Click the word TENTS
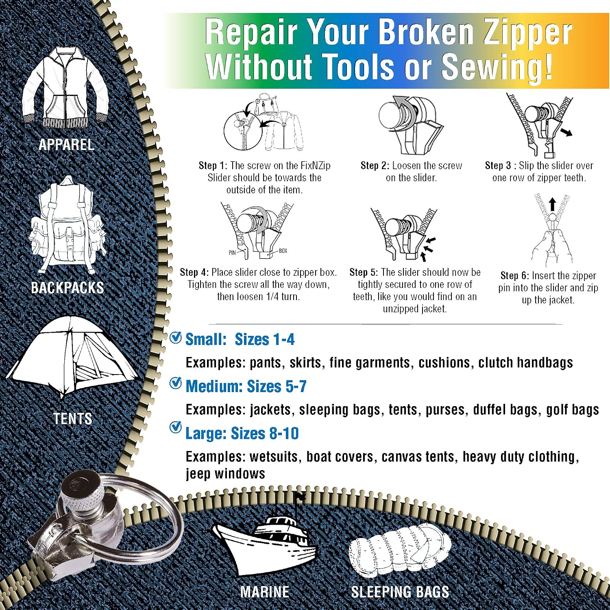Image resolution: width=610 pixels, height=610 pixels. [x=73, y=418]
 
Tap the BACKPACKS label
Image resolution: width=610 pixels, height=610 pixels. [x=68, y=288]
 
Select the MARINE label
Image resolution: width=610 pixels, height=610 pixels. [x=265, y=592]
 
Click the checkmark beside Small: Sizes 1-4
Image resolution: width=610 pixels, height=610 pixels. [x=176, y=337]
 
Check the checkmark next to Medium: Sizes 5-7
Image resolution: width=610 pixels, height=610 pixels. [x=176, y=383]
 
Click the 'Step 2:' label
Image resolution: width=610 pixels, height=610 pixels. [x=375, y=166]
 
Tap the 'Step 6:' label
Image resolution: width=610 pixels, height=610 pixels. [x=515, y=276]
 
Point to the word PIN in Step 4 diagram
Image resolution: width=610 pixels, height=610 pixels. [x=232, y=253]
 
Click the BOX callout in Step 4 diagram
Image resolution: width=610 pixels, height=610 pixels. [x=283, y=251]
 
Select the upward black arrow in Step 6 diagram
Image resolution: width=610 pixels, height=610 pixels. [x=552, y=204]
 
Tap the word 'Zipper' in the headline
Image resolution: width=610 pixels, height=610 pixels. [x=527, y=32]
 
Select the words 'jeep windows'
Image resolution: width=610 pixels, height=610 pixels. [x=225, y=474]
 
